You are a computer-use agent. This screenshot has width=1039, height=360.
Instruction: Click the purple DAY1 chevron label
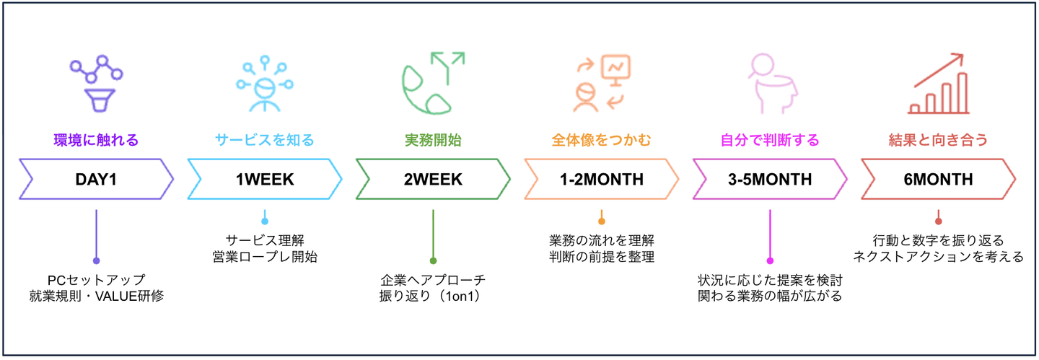(x=96, y=179)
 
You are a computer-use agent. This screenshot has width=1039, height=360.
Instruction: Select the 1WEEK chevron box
(x=265, y=179)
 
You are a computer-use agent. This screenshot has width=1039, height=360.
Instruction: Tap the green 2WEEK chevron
(x=433, y=179)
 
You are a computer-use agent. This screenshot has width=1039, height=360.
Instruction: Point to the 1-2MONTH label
(x=601, y=179)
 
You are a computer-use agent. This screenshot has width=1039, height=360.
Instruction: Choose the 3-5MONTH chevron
(x=770, y=179)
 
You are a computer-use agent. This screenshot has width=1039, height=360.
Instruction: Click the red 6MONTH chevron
(x=938, y=179)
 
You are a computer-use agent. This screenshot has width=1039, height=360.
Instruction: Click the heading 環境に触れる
(x=96, y=140)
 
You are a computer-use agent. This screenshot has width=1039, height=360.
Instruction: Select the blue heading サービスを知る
(x=265, y=140)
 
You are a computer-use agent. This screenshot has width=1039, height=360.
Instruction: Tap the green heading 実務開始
(x=433, y=140)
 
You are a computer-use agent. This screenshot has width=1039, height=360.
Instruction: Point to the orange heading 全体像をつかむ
(x=601, y=140)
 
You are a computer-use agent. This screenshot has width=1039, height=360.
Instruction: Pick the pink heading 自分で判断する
(x=770, y=140)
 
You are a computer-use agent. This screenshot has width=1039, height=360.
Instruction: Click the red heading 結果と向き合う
(x=938, y=140)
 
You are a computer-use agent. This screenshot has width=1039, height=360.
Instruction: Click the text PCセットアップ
(x=96, y=279)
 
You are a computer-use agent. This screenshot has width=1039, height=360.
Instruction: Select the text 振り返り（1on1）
(x=433, y=296)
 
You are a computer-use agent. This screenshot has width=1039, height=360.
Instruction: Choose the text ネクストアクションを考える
(x=938, y=257)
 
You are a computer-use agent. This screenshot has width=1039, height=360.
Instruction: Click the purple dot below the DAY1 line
(x=96, y=260)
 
